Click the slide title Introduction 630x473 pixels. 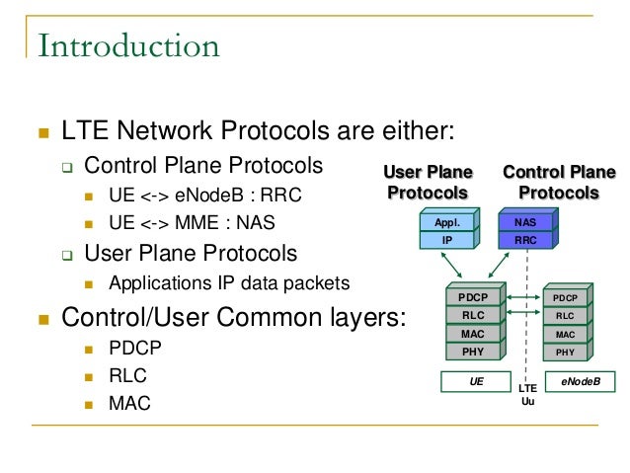128,45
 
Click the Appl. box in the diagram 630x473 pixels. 448,223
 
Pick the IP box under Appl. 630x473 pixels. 448,239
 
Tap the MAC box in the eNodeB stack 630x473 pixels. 565,334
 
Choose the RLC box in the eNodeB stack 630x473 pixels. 565,316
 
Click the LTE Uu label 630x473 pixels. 527,395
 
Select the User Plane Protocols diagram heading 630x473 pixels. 428,183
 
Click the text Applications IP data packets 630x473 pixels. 229,283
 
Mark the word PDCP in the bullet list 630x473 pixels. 134,349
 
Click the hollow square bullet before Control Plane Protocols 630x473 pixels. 67,166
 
